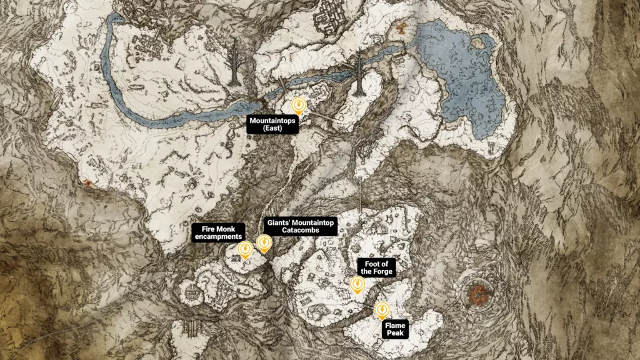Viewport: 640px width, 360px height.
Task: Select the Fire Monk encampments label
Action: (x=217, y=232)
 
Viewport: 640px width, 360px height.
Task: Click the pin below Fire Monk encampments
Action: (x=246, y=249)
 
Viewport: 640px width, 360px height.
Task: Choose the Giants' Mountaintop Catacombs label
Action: (x=301, y=226)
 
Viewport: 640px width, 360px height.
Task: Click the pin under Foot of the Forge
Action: (x=357, y=285)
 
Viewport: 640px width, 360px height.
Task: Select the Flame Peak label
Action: (x=395, y=329)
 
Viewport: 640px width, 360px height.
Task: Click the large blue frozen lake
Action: (x=462, y=75)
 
